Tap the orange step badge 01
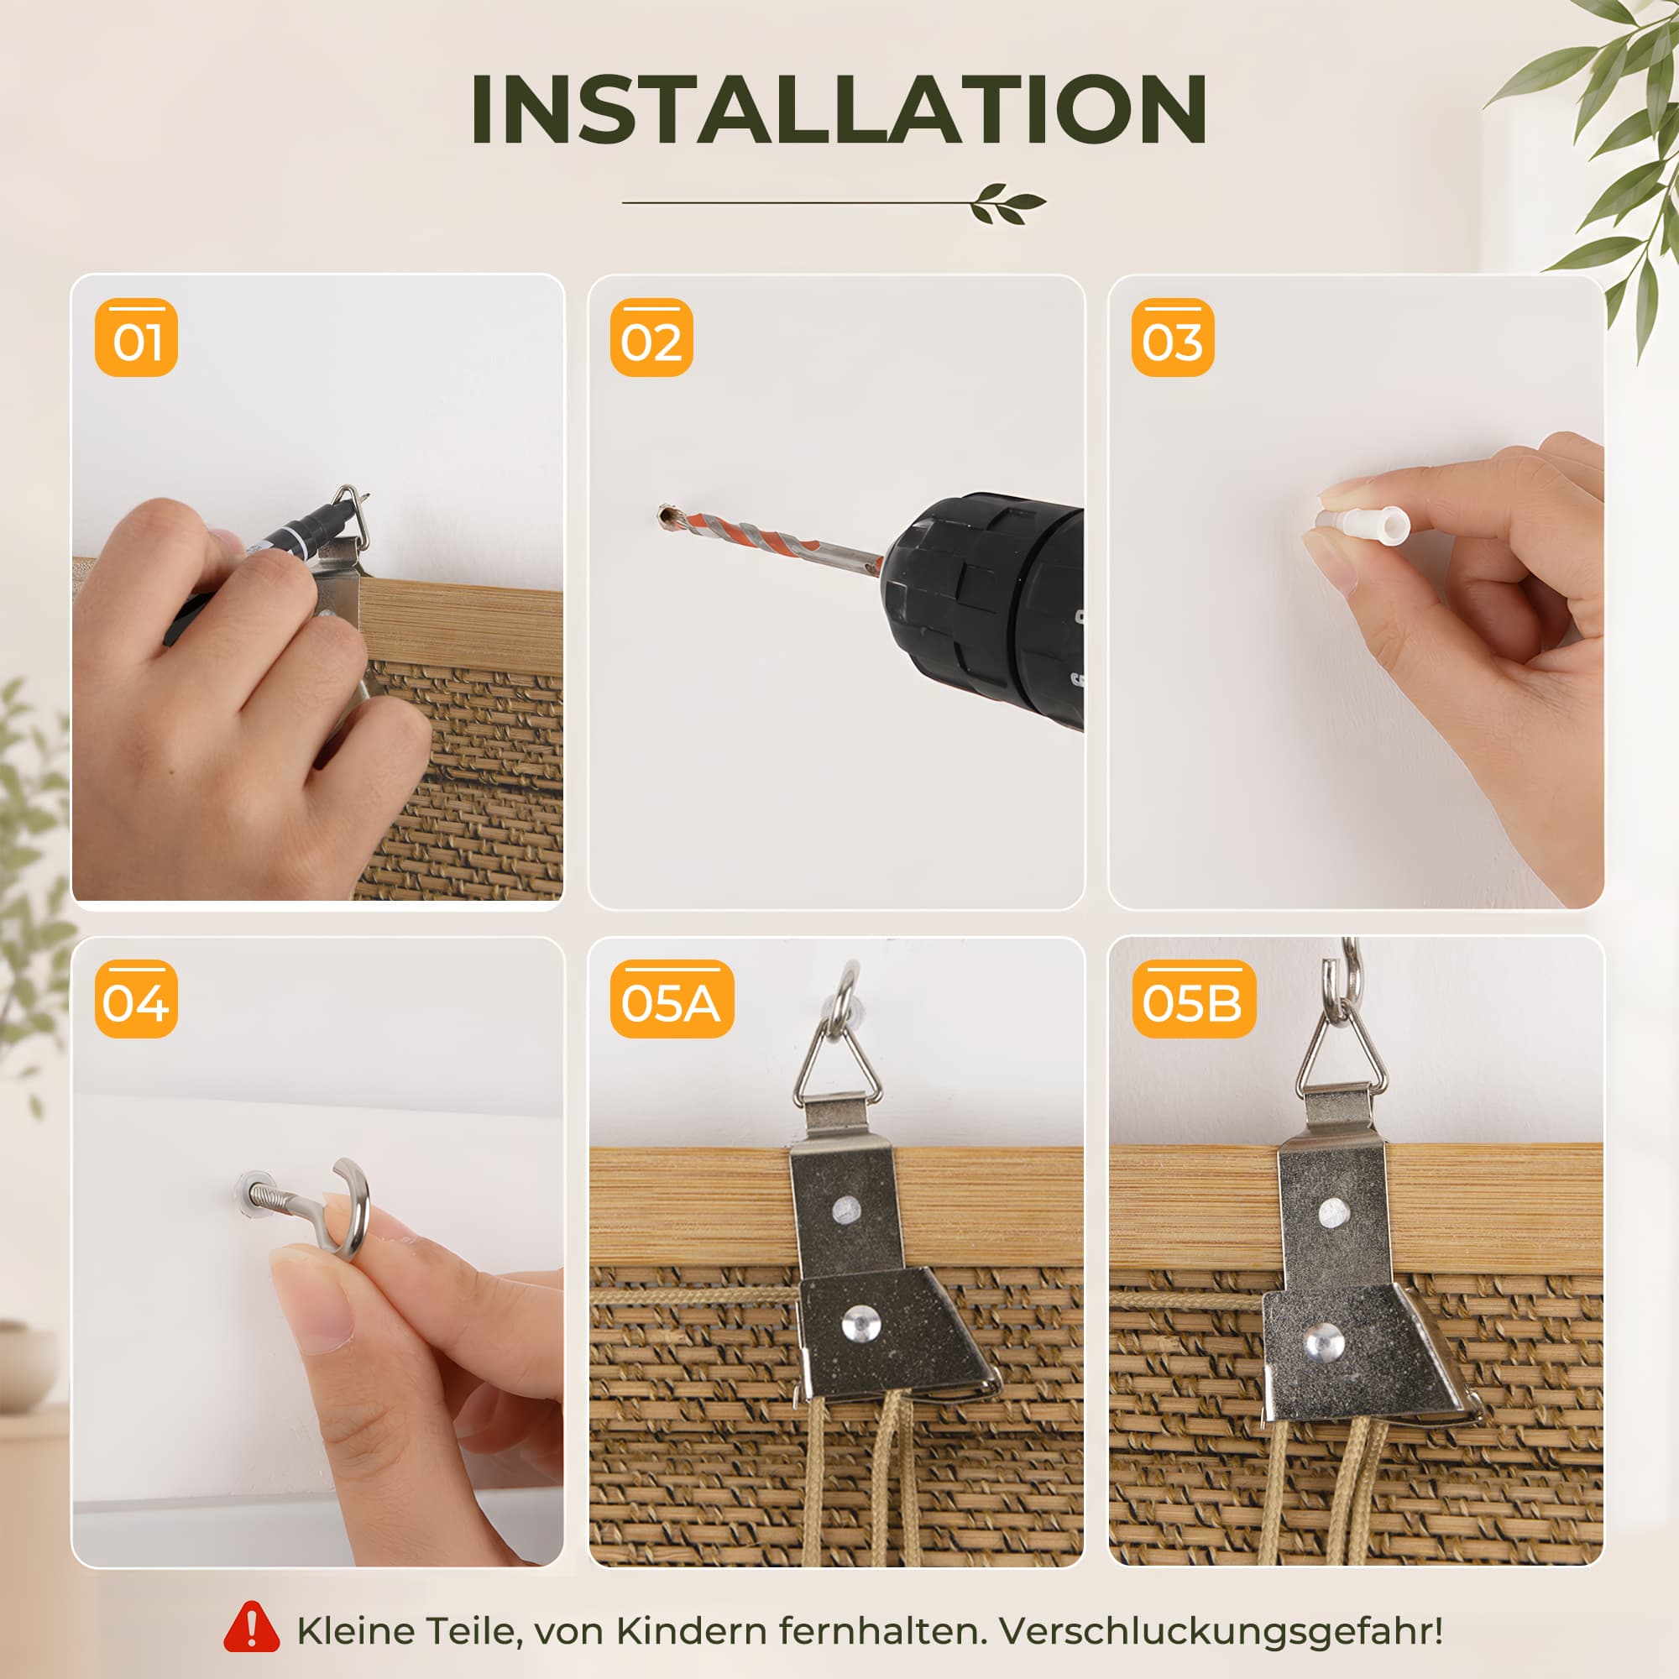coord(137,337)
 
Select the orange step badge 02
coord(651,337)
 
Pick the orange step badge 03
coord(1172,337)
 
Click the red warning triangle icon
coord(251,1627)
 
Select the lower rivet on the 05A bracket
coord(860,1326)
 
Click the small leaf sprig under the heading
coord(1008,203)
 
